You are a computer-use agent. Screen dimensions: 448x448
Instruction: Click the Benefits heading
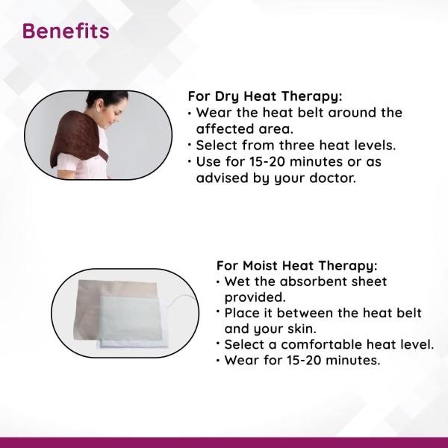click(x=66, y=31)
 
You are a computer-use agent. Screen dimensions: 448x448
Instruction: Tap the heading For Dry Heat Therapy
click(x=265, y=96)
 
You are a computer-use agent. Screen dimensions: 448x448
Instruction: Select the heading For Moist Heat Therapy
click(x=297, y=266)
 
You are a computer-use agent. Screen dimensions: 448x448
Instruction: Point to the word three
click(x=296, y=145)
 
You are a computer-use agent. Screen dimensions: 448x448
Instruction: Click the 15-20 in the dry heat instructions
click(x=267, y=162)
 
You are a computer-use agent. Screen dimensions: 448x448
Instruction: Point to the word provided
click(x=255, y=297)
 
